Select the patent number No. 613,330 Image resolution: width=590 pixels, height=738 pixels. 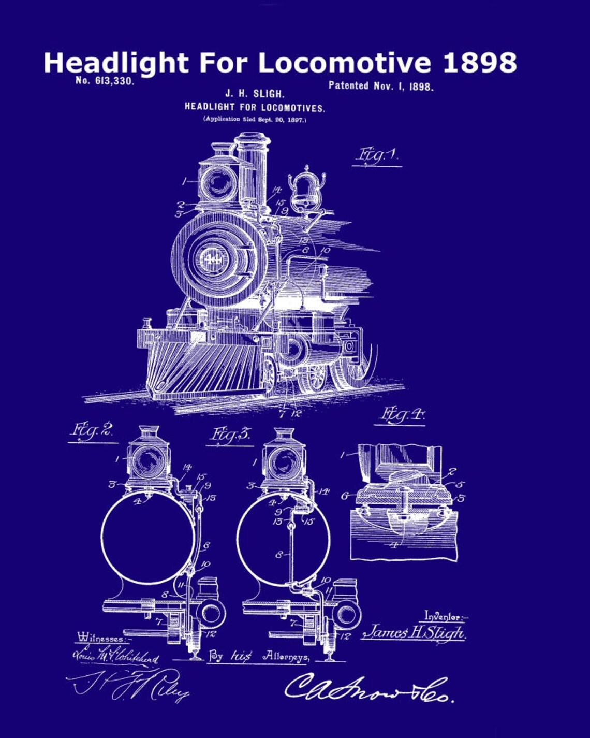(x=105, y=81)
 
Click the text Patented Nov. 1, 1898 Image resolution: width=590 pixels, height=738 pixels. (x=380, y=86)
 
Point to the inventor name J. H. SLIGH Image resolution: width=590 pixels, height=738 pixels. (x=254, y=94)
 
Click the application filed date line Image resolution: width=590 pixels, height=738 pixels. (x=255, y=119)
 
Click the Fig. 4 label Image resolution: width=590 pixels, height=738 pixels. (x=402, y=414)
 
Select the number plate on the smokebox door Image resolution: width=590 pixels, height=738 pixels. (x=213, y=257)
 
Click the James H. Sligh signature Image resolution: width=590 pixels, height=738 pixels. (x=414, y=632)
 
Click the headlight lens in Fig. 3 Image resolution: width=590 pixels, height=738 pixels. (x=283, y=462)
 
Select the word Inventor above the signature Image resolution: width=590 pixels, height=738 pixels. (x=445, y=616)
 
